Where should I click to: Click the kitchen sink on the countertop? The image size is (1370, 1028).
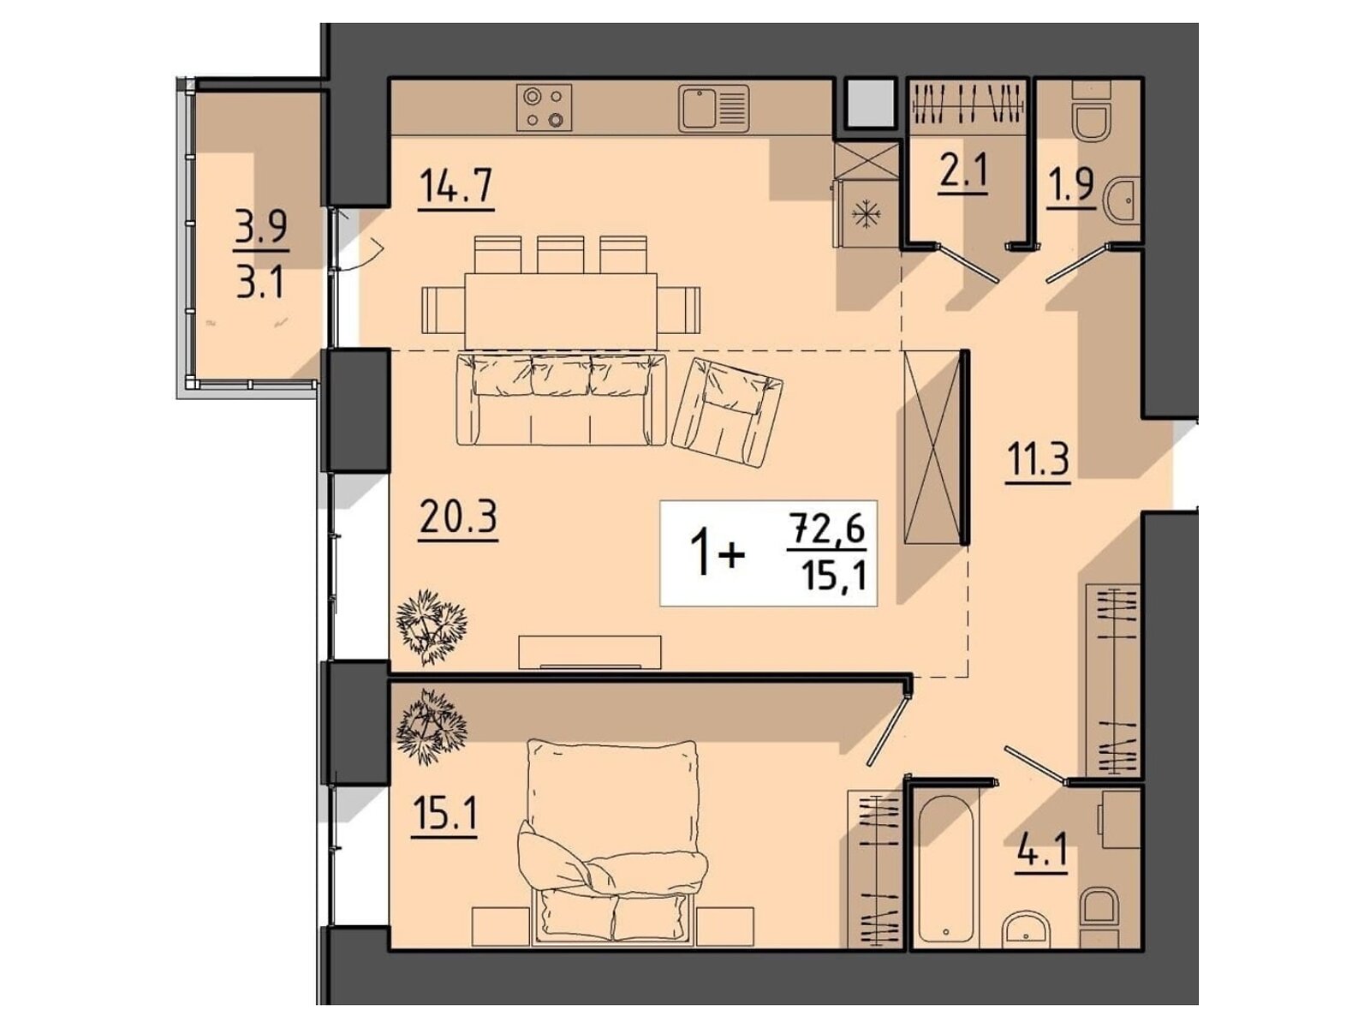713,109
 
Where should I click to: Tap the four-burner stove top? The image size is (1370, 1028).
544,107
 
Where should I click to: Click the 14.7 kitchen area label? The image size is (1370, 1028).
456,187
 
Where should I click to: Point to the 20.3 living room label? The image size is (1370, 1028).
458,518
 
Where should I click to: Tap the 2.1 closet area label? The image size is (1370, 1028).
963,170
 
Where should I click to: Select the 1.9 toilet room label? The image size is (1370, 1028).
1070,186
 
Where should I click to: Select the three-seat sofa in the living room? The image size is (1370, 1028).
561,399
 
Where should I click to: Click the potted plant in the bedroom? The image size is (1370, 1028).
432,726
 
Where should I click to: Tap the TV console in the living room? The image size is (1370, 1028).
590,652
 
